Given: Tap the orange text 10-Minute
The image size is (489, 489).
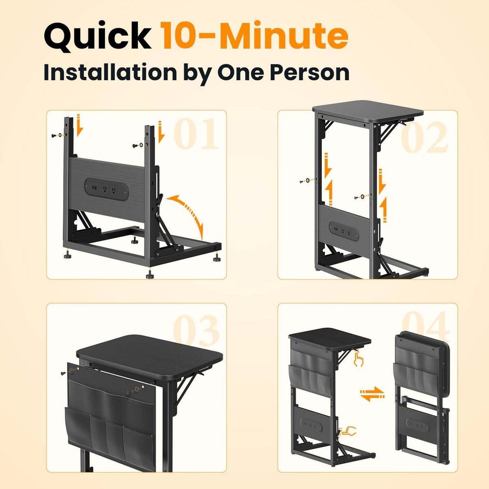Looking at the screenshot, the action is click(x=255, y=35).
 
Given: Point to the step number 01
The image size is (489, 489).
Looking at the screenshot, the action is click(x=196, y=134).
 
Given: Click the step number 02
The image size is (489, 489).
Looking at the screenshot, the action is click(x=423, y=137).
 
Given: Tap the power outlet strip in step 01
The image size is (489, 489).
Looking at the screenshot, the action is click(x=106, y=189).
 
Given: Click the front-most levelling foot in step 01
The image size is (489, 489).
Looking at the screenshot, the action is click(x=149, y=274).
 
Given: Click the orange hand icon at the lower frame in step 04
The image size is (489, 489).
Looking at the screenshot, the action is click(x=347, y=431).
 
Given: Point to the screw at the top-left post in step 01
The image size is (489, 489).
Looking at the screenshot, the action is click(x=54, y=136).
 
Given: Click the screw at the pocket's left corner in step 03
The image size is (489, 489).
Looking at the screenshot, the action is click(x=64, y=373).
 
